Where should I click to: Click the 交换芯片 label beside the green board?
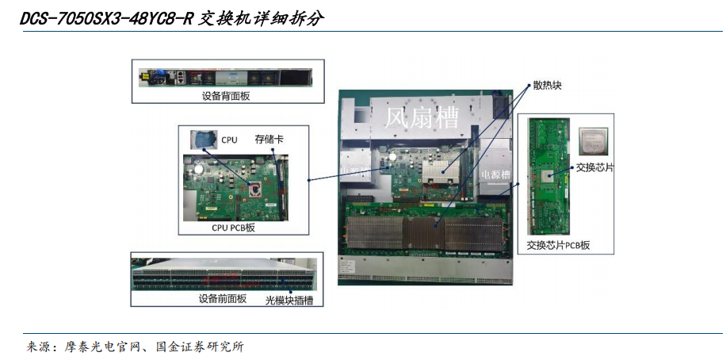[594, 168]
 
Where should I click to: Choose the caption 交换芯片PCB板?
[559, 245]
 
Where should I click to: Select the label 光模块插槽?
[289, 301]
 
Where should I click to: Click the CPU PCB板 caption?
[233, 228]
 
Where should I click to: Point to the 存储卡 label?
[269, 139]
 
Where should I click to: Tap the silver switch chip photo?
[594, 141]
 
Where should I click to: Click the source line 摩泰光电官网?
[105, 347]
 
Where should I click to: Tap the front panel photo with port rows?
[224, 274]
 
